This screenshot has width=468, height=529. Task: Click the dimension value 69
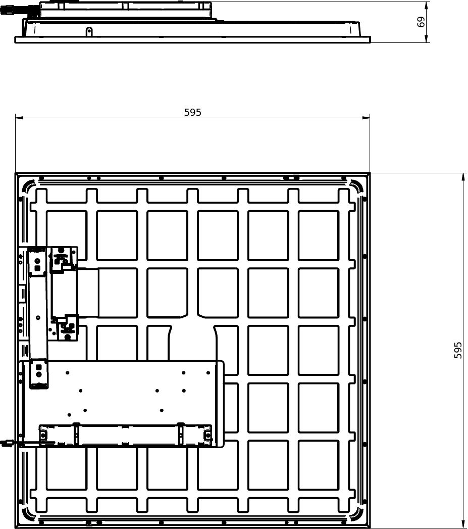tap(421, 22)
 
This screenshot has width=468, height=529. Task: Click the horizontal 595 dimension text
tap(192, 112)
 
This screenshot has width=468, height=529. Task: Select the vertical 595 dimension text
tap(457, 350)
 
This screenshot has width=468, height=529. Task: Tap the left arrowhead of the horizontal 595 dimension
tap(19, 118)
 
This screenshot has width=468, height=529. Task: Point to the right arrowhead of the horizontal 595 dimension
tap(366, 118)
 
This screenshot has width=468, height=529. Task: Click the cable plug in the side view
tap(6, 10)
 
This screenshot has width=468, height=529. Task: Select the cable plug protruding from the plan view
tap(6, 442)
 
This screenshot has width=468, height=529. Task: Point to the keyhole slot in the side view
tap(89, 32)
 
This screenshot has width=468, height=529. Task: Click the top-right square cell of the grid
tap(319, 235)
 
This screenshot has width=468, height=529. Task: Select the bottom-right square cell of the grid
tap(319, 465)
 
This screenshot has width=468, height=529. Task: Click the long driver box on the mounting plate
tap(125, 435)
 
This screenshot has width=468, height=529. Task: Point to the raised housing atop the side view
tap(125, 10)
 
